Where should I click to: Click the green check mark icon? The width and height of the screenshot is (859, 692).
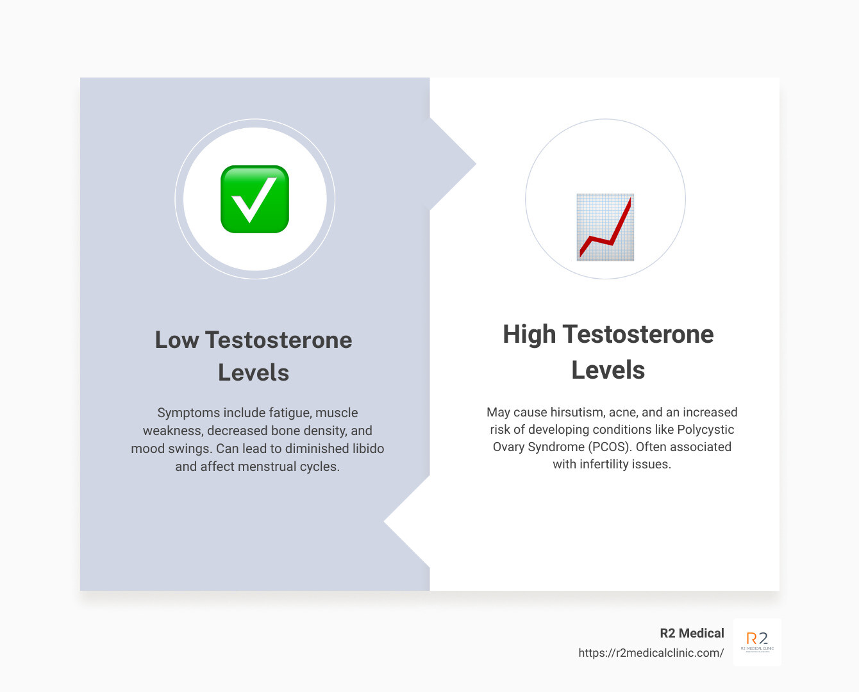click(x=254, y=199)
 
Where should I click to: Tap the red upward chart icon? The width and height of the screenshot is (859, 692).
click(x=605, y=227)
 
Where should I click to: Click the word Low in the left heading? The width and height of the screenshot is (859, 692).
click(x=177, y=340)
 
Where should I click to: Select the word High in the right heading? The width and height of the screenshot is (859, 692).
click(x=529, y=334)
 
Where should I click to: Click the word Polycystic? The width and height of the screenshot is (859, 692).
click(x=706, y=429)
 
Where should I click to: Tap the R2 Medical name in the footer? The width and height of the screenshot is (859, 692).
click(x=692, y=633)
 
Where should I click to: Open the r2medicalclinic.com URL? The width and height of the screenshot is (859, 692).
click(x=651, y=653)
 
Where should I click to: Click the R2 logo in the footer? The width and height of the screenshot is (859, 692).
click(x=757, y=641)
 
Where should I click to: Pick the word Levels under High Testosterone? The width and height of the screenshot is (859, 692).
click(x=608, y=370)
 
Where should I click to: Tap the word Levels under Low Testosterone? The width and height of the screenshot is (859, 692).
click(x=253, y=373)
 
